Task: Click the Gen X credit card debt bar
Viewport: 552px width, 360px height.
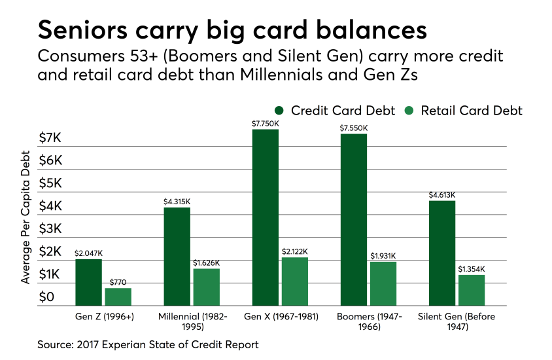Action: click(x=266, y=217)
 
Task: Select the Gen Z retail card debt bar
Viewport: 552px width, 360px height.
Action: click(x=118, y=297)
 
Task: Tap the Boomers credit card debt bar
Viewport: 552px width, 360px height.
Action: click(x=354, y=219)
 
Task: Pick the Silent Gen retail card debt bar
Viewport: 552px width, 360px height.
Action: click(x=472, y=290)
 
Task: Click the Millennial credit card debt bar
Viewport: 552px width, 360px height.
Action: click(x=177, y=257)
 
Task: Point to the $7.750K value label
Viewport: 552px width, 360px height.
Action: click(x=266, y=124)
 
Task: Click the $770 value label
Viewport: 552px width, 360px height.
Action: click(x=118, y=282)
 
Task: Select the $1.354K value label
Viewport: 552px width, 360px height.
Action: click(x=472, y=269)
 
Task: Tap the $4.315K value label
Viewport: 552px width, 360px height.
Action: click(x=177, y=202)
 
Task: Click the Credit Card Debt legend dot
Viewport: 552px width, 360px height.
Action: click(x=279, y=111)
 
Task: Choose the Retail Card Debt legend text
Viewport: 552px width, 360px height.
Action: click(x=472, y=111)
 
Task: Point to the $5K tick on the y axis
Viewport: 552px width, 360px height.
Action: click(x=50, y=183)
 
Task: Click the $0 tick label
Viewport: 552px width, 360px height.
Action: click(x=46, y=297)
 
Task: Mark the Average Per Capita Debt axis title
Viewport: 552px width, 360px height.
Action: click(x=25, y=217)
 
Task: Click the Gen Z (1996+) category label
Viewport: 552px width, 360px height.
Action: click(x=105, y=316)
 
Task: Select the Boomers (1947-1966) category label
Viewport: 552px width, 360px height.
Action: click(x=370, y=321)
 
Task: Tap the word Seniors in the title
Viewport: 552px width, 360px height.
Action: click(x=82, y=30)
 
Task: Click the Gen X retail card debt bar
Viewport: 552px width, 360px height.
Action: click(x=295, y=281)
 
